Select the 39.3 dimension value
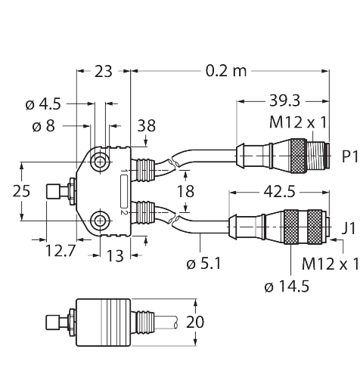pyautogui.click(x=283, y=100)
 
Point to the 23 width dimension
pyautogui.click(x=103, y=72)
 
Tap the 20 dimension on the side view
pyautogui.click(x=195, y=322)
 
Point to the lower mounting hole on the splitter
pyautogui.click(x=99, y=221)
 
